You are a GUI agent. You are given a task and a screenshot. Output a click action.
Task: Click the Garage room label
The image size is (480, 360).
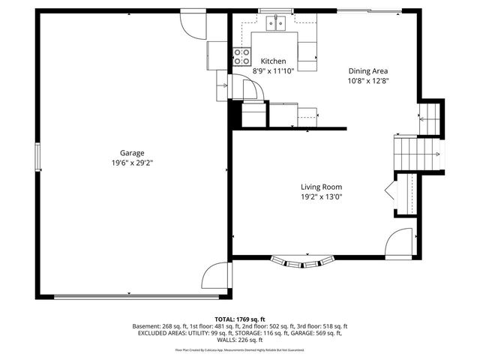coord(132,153)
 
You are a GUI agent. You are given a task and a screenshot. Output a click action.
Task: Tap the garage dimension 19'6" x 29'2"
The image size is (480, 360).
coord(132,162)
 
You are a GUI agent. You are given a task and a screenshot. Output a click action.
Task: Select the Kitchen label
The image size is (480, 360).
coord(273,61)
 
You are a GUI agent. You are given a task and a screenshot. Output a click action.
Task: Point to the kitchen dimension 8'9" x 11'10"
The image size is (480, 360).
coord(273,70)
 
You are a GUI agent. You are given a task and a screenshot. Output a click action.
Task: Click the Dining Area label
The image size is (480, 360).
coord(367,71)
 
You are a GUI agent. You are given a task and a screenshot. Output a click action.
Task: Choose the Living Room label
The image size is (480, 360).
coord(321,187)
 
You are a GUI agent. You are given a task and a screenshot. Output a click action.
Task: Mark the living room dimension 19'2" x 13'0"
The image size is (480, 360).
coord(321,197)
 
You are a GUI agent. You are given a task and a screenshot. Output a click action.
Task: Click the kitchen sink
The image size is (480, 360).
coord(277,23)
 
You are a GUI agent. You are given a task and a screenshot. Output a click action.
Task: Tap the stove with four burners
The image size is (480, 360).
coord(241,55)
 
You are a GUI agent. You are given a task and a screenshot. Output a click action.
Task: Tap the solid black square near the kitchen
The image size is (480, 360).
coord(235,115)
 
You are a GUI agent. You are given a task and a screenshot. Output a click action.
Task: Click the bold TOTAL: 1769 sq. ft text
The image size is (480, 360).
coord(240,319)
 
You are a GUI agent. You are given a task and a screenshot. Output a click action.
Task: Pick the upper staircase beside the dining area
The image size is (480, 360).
coord(430,116)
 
